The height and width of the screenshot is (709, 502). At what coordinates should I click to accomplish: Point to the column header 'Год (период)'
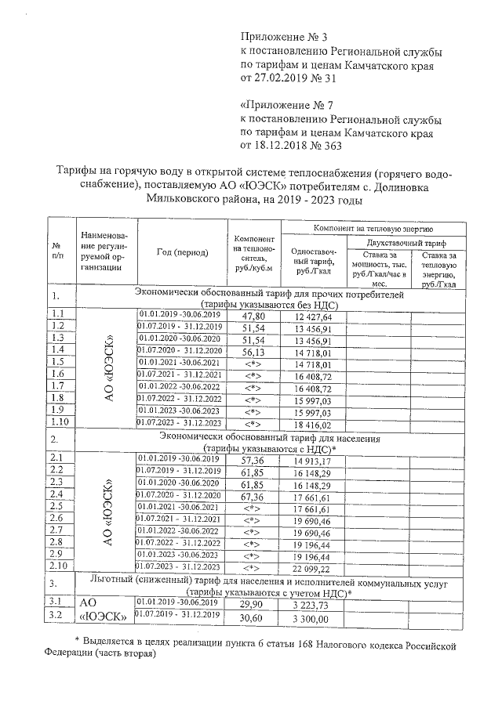182,252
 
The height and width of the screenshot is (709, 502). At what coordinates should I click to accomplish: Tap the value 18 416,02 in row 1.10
313,423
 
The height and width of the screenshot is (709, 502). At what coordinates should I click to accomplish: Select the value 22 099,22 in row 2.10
313,567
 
